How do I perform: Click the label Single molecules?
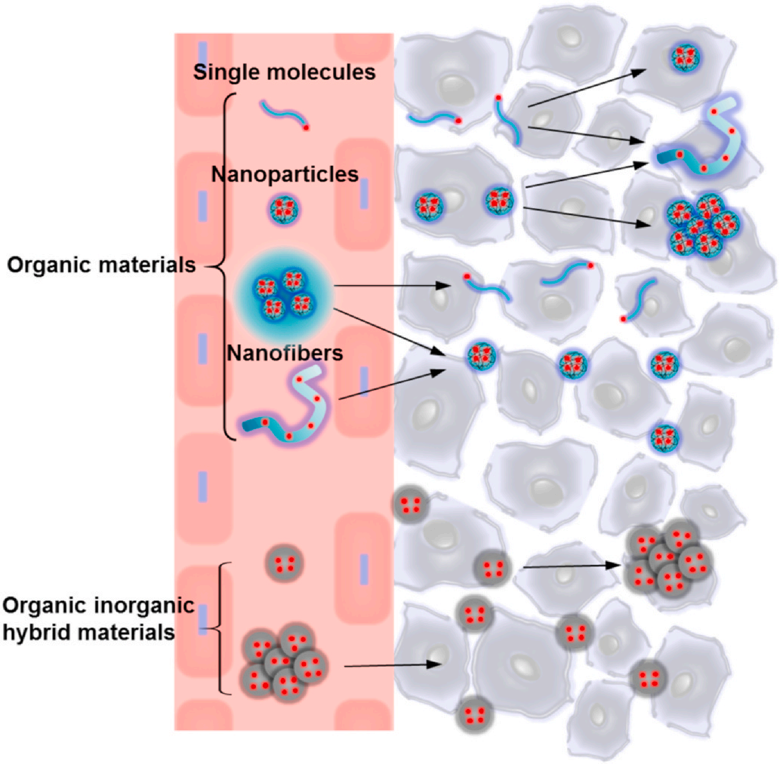pyautogui.click(x=285, y=73)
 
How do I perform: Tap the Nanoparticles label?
pyautogui.click(x=285, y=175)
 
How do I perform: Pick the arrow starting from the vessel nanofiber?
pyautogui.click(x=391, y=385)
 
